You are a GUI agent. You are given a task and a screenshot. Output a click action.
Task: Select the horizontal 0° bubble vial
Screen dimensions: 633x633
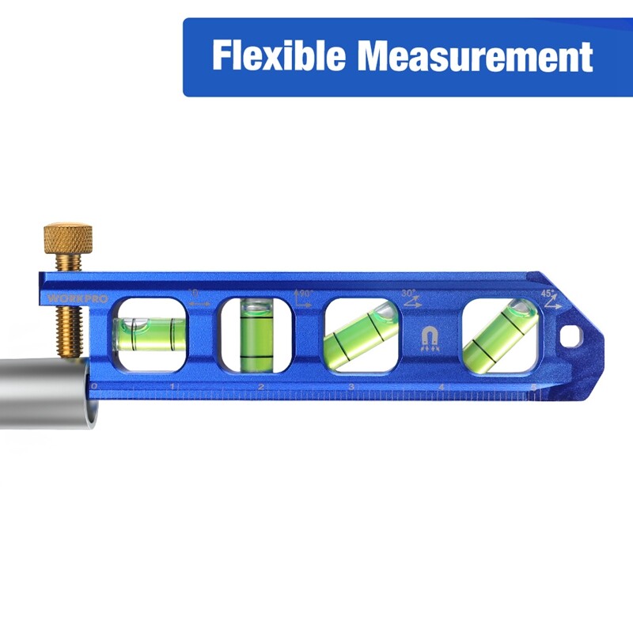point(150,332)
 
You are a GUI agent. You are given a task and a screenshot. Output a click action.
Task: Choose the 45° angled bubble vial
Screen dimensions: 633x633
point(498,333)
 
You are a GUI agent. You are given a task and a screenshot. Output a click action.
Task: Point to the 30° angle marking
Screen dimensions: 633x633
point(410,296)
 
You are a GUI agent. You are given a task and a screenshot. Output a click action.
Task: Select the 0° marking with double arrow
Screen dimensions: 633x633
point(198,298)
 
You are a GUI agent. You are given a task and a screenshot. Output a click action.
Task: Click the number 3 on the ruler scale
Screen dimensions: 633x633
point(351,387)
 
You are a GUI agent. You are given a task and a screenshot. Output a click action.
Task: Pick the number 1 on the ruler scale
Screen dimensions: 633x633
point(172,387)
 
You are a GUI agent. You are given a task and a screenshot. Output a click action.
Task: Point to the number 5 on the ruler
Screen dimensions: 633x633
point(533,387)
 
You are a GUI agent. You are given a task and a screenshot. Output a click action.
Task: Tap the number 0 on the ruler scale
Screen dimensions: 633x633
point(94,386)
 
